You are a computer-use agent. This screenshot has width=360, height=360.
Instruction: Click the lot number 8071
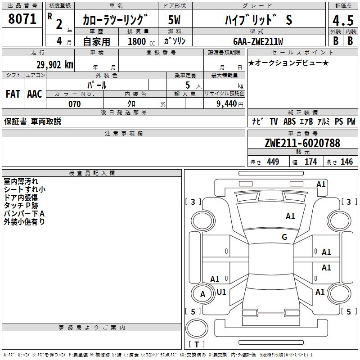(x=22, y=19)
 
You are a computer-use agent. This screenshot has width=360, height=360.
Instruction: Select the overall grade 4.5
(x=342, y=21)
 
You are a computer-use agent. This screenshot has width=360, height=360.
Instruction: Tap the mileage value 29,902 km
(x=55, y=65)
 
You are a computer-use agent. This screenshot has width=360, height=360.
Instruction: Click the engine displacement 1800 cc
(x=140, y=41)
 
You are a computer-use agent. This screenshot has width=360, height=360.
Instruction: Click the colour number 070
(x=74, y=104)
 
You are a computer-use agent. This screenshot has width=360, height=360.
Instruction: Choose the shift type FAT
(x=13, y=94)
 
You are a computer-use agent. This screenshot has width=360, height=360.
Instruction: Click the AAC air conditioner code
(x=35, y=94)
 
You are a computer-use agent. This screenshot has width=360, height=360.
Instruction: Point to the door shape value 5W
(x=175, y=20)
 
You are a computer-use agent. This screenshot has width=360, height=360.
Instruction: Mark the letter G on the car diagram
(x=284, y=237)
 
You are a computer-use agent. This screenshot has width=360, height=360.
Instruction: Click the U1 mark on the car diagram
(x=221, y=292)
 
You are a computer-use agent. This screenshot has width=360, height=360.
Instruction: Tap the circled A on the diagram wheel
(x=202, y=294)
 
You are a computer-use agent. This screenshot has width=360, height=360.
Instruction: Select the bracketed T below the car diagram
(x=197, y=344)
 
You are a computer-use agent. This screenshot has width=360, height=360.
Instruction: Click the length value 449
(x=273, y=162)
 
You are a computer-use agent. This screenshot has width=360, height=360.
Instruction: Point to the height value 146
(x=346, y=162)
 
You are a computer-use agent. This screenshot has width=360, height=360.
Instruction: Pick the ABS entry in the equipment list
(x=289, y=121)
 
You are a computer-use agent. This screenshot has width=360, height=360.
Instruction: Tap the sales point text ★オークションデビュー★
(x=288, y=63)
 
